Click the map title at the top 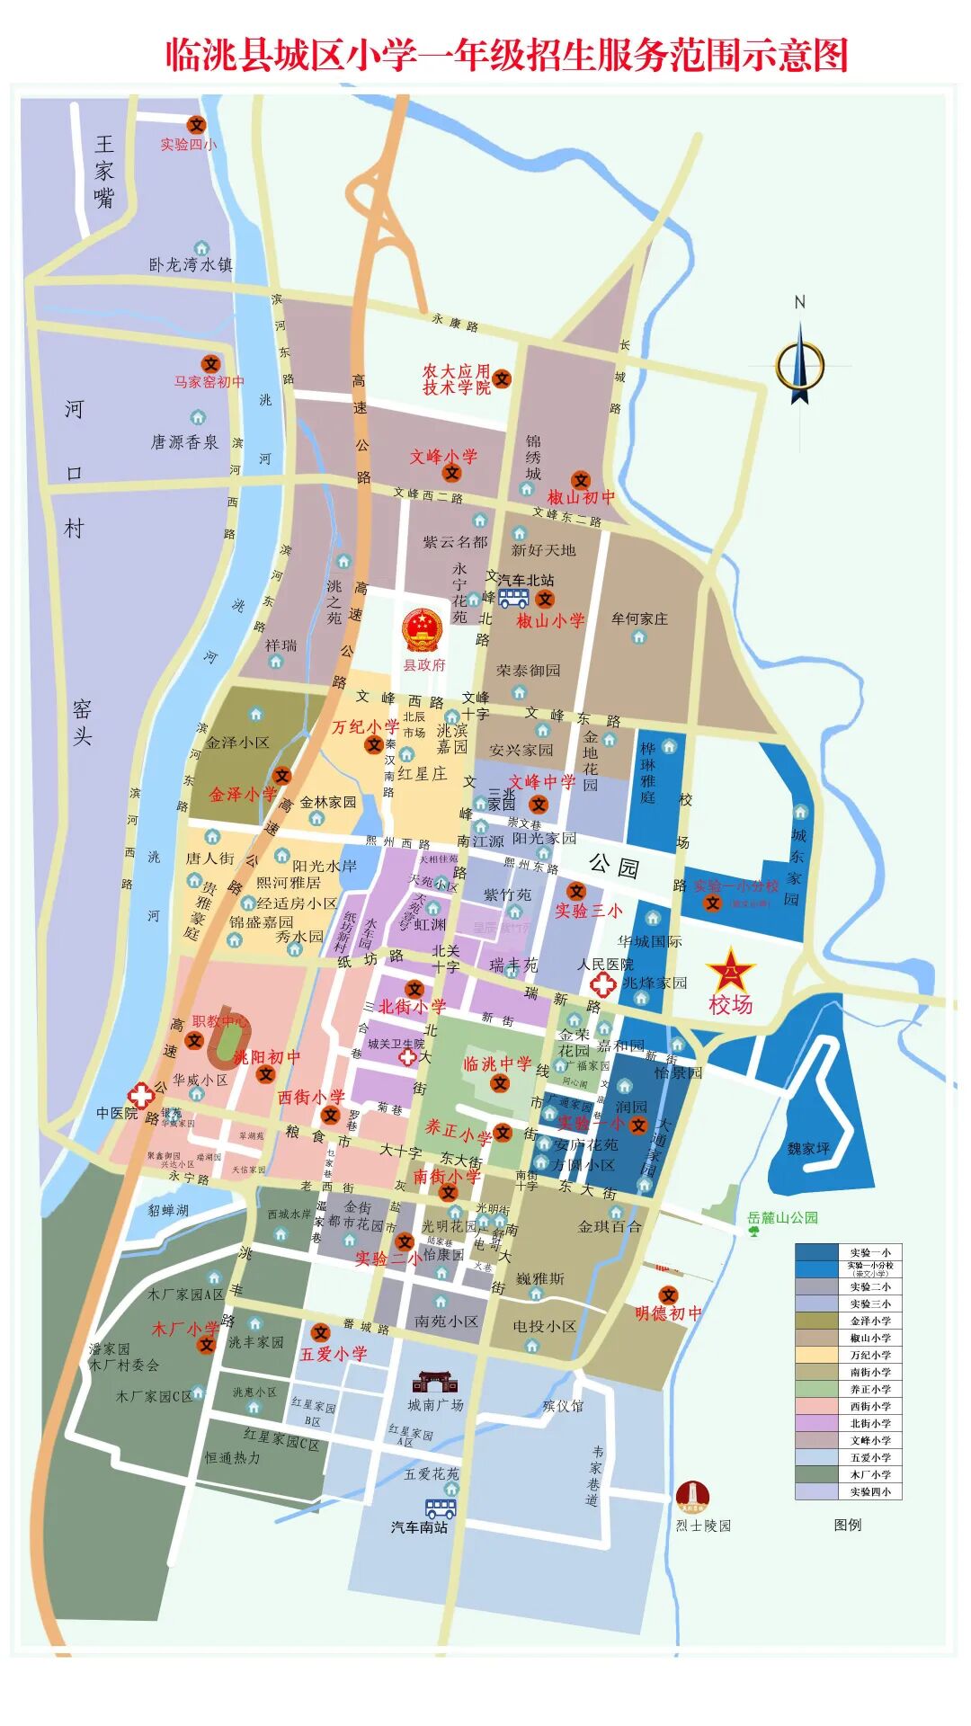click(x=506, y=56)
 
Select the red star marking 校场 click(x=730, y=971)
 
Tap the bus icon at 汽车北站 click(x=513, y=598)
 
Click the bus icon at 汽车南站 click(x=441, y=1508)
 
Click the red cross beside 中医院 click(x=140, y=1095)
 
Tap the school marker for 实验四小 click(x=196, y=125)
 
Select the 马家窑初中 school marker click(x=210, y=363)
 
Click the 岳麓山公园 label click(x=783, y=1218)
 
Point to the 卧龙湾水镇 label click(x=191, y=265)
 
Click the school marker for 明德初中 click(x=668, y=1295)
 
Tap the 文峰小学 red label click(x=443, y=457)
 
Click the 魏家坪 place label click(x=808, y=1149)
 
